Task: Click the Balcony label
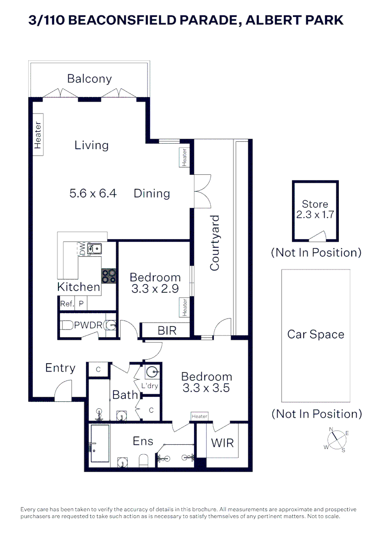[90, 79]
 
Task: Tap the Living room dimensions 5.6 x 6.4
[93, 193]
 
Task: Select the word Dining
[152, 193]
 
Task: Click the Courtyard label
[214, 243]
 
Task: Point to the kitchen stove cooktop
[109, 276]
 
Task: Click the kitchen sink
[94, 249]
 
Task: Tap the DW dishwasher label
[82, 249]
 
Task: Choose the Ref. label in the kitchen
[66, 304]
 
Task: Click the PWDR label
[88, 325]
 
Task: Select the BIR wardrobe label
[167, 330]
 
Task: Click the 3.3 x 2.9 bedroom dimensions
[155, 289]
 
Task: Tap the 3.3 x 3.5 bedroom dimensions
[206, 388]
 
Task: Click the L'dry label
[150, 386]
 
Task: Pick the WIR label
[222, 442]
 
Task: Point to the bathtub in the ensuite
[100, 444]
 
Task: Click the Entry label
[60, 368]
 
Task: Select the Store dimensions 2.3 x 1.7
[315, 216]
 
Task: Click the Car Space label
[316, 334]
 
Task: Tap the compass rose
[336, 439]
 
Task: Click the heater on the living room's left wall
[38, 135]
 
